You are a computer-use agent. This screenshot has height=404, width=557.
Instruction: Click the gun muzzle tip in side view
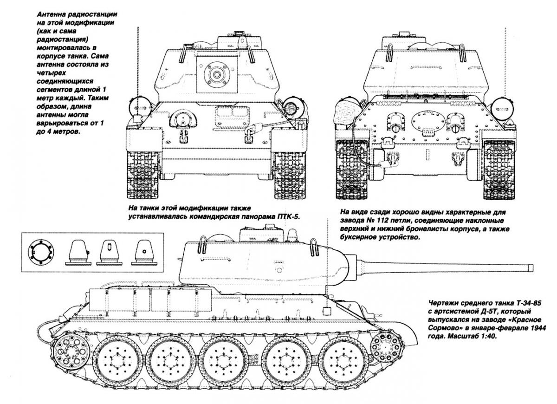[x=531, y=267]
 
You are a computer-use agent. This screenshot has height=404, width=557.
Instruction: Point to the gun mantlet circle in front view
[x=216, y=74]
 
